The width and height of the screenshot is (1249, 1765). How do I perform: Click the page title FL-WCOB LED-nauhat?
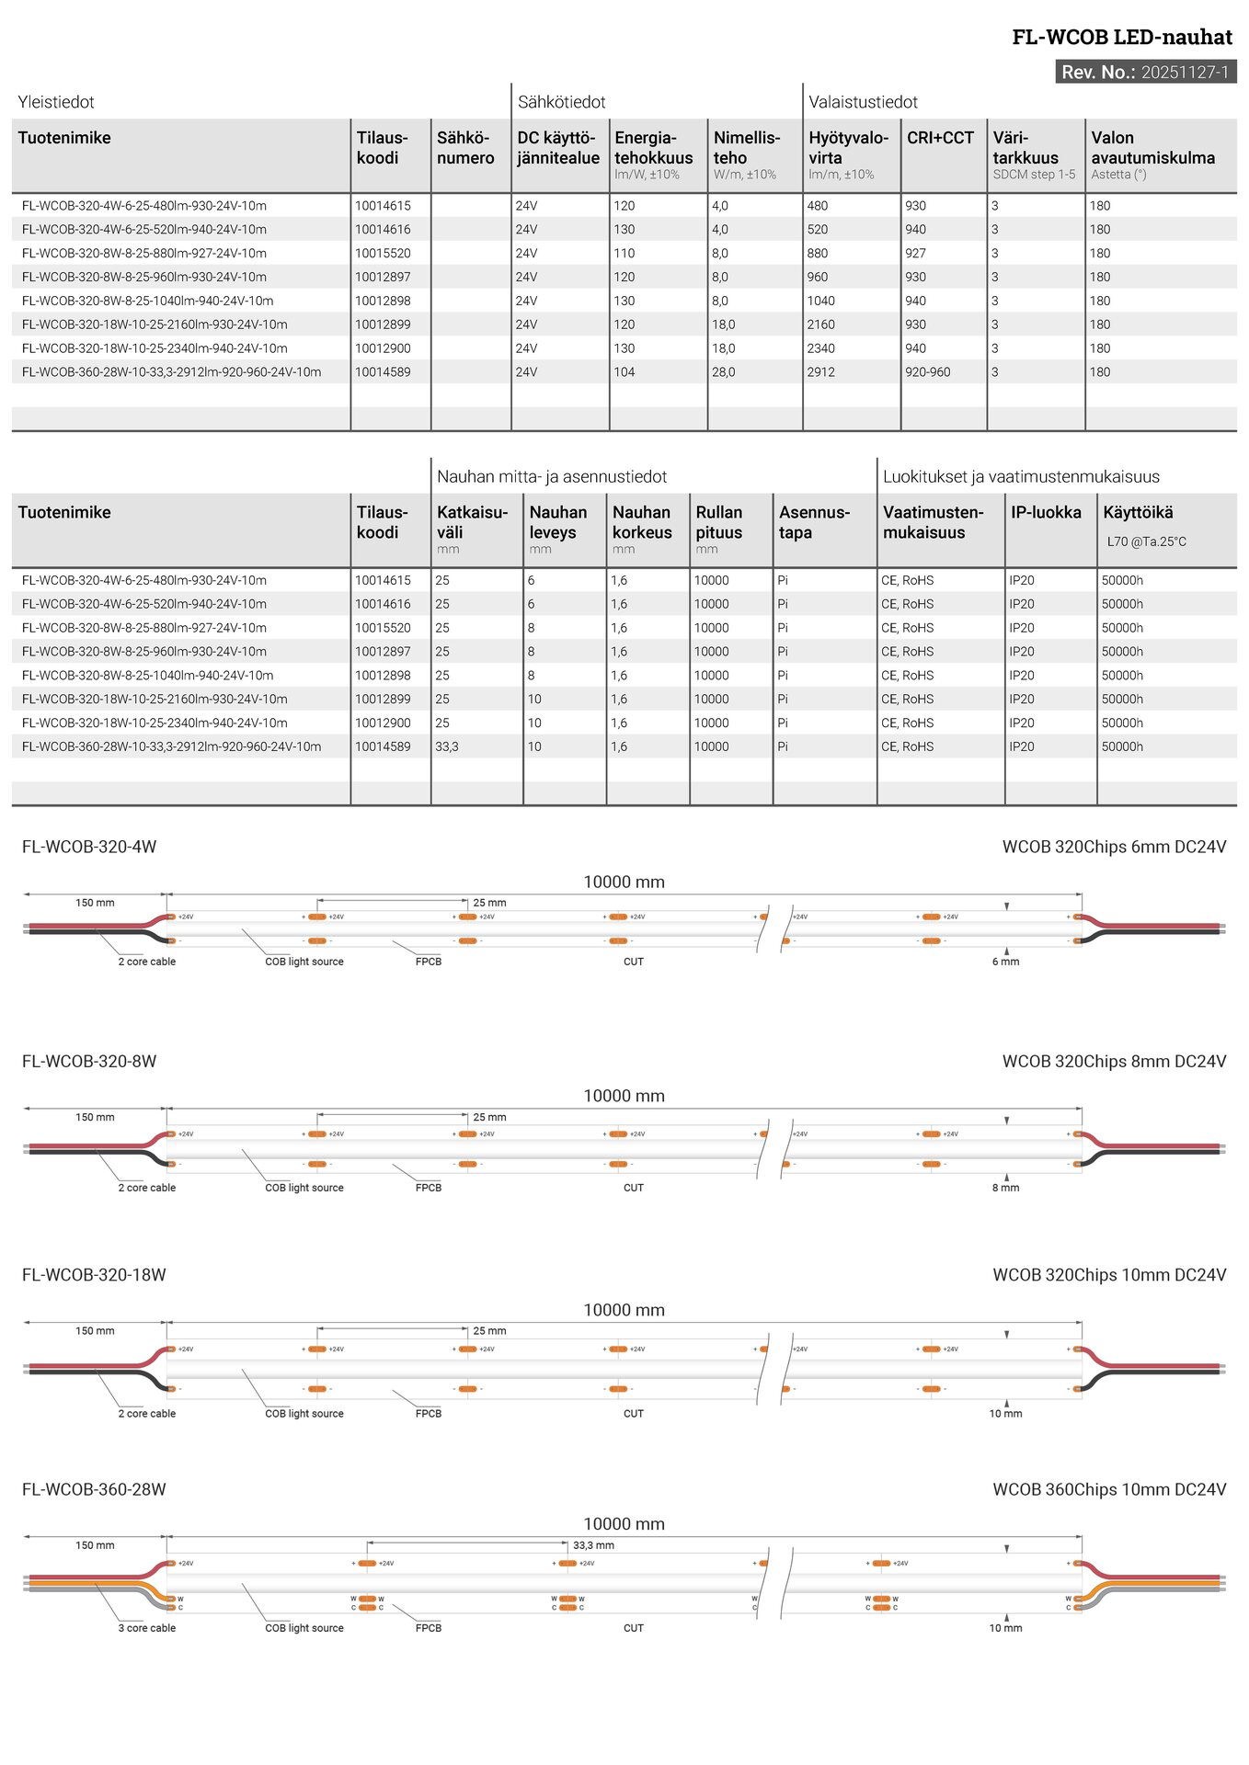coord(1121,38)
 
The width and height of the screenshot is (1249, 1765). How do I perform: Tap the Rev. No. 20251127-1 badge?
coord(1145,73)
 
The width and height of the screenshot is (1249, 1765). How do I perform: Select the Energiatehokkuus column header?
coord(653,148)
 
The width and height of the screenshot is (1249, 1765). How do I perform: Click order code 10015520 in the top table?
coord(383,254)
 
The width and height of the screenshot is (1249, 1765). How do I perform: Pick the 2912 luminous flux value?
coord(820,372)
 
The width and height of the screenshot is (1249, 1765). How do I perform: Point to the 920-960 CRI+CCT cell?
coord(927,372)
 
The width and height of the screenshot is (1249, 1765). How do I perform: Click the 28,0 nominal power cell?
coord(723,372)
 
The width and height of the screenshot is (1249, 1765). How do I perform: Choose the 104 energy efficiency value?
coord(624,372)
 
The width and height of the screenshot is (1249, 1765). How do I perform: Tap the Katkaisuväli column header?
coord(472,522)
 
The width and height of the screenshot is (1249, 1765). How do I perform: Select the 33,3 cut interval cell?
coord(446,747)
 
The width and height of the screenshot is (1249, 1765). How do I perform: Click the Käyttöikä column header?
coord(1138,513)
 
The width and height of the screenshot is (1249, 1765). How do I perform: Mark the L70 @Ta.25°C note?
coord(1146,542)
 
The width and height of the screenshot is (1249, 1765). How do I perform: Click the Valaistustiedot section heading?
coord(863,102)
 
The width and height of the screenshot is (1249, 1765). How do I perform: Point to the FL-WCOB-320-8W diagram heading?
coord(89,1062)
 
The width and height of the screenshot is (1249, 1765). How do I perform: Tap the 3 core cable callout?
coord(146,1628)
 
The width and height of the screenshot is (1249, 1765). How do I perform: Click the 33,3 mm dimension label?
coord(593,1545)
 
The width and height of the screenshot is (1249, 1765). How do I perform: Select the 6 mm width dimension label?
coord(1005,962)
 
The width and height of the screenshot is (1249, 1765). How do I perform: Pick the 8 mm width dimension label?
coord(1005,1188)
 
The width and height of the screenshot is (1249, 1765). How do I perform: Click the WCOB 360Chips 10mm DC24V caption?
coord(1109,1489)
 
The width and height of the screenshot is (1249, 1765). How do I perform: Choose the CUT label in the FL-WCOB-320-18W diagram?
coord(634,1414)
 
